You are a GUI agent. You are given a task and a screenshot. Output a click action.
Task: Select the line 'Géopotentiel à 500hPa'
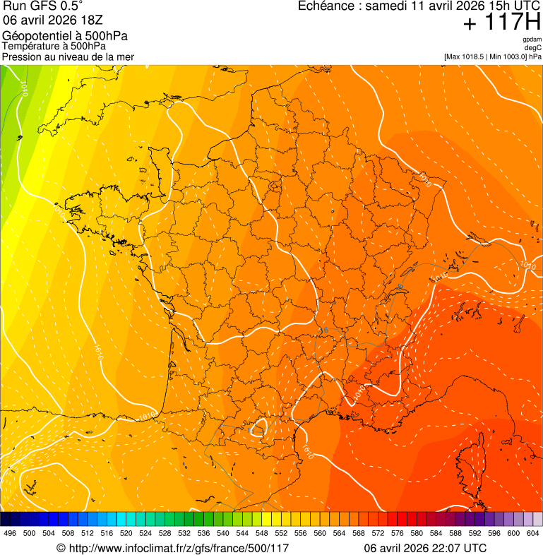[x=65, y=36]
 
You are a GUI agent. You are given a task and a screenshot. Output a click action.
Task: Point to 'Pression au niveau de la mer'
[x=68, y=56]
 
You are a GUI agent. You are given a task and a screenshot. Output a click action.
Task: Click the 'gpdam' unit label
[x=532, y=39]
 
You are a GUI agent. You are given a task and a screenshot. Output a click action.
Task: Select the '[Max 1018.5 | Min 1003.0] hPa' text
[x=493, y=56]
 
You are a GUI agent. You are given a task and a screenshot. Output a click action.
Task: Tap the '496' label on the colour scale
[x=10, y=533]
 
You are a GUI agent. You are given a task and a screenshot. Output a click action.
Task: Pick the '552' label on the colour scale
[x=282, y=533]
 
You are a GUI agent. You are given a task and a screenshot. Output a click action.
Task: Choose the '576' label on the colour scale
[x=398, y=533]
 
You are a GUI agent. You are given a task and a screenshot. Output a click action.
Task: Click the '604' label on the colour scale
[x=533, y=533]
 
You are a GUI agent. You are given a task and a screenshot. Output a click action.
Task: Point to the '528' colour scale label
[x=165, y=533]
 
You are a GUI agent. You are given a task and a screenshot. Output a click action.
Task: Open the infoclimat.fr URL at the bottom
[x=172, y=548]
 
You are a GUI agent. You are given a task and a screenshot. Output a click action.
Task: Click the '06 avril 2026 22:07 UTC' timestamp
[x=425, y=548]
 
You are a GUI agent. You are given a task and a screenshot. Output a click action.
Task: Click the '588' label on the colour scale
[x=455, y=533]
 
